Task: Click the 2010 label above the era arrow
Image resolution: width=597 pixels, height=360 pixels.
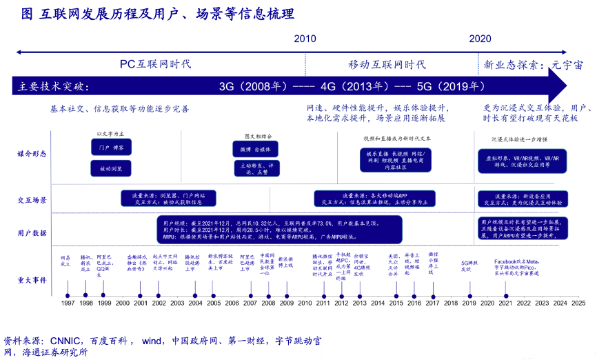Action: click(305, 39)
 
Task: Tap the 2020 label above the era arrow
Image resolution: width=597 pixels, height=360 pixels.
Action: click(480, 39)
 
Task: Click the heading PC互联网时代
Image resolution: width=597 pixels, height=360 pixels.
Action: click(155, 64)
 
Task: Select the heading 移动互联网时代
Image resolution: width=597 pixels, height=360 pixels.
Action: click(386, 64)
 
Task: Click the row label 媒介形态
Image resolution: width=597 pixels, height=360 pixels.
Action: click(32, 154)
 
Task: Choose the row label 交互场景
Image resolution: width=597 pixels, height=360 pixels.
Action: click(32, 200)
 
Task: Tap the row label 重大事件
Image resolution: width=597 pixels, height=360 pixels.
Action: click(32, 279)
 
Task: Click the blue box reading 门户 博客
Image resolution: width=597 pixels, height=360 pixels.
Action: click(111, 148)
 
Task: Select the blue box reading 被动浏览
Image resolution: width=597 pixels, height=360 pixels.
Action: click(111, 168)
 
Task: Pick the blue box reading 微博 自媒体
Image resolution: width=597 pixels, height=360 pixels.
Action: click(255, 149)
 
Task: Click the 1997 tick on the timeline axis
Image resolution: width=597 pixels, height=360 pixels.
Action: click(68, 303)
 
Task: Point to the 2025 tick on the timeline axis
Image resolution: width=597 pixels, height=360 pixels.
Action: click(578, 303)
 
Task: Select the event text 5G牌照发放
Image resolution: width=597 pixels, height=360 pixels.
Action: click(470, 266)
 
